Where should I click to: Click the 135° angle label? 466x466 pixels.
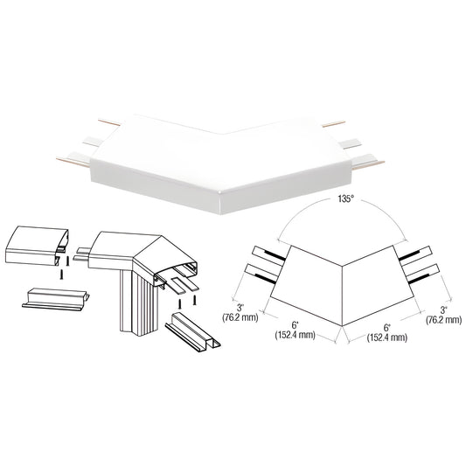(344, 200)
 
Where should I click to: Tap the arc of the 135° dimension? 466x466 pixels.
(344, 212)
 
